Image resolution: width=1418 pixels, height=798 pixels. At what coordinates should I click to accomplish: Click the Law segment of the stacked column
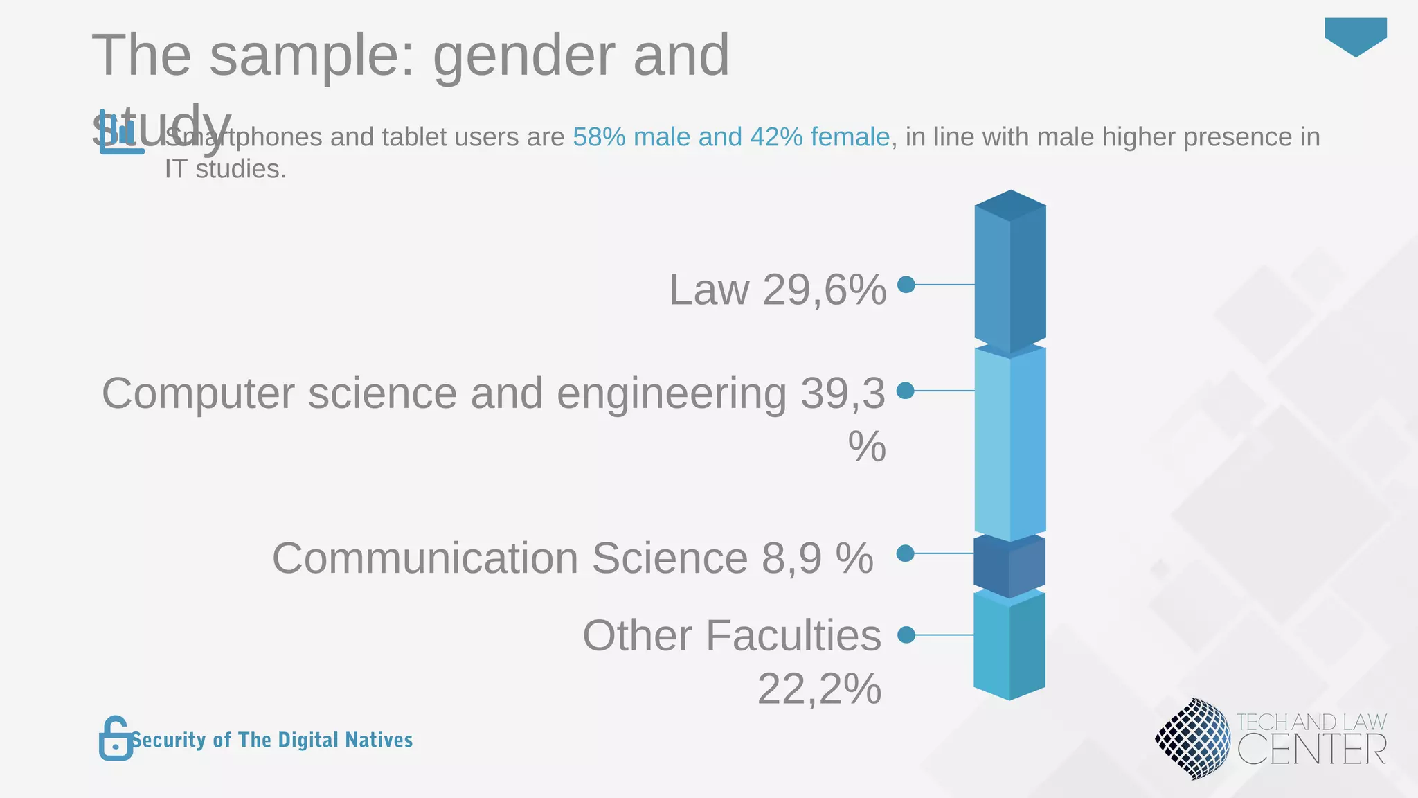coord(1010,277)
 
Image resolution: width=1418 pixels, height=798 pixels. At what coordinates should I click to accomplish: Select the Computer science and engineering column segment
coord(1010,443)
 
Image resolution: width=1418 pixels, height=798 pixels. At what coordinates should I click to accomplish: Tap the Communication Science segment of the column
coord(1009,565)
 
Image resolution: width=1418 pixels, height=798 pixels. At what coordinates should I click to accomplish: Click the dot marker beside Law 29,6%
coord(906,285)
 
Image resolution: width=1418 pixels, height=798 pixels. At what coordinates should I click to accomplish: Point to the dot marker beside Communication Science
coord(905,553)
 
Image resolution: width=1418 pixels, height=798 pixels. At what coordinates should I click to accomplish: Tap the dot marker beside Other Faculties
coord(906,635)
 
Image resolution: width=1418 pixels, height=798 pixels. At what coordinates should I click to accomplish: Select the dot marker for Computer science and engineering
coord(905,391)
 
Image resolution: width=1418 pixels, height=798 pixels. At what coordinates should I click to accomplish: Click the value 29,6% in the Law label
coord(824,290)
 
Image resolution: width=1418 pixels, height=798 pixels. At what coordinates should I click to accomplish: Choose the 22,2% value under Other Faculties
coord(819,689)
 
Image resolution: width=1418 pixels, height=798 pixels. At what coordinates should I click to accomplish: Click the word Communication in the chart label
coord(424,558)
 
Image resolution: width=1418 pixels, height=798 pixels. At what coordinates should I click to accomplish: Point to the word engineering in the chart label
coord(671,394)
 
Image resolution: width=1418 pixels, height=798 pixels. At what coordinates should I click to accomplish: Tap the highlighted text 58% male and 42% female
coord(730,137)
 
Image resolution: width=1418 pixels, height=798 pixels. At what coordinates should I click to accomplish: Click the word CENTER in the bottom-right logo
coord(1311,750)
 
